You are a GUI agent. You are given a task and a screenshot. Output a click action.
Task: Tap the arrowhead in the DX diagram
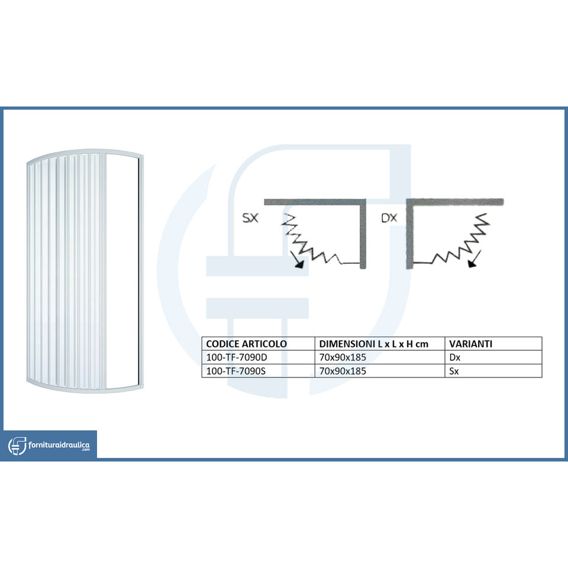coord(472,264)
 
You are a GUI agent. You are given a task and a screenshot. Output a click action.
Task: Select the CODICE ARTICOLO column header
coord(246,344)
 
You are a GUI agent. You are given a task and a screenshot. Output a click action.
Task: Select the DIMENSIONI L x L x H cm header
coord(373,344)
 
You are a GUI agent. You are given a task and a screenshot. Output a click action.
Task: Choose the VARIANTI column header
coord(471,344)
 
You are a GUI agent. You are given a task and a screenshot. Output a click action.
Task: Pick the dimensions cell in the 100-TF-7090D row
coord(343,357)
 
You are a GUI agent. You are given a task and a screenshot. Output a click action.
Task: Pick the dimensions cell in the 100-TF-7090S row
coord(343,371)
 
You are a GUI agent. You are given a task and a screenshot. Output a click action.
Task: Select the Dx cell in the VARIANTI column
coord(455,357)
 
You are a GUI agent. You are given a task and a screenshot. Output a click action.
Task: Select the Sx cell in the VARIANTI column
coord(454,371)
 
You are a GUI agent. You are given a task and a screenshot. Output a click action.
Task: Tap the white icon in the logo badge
coord(17,445)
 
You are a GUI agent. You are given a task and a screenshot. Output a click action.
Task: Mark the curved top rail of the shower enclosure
coord(83,152)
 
